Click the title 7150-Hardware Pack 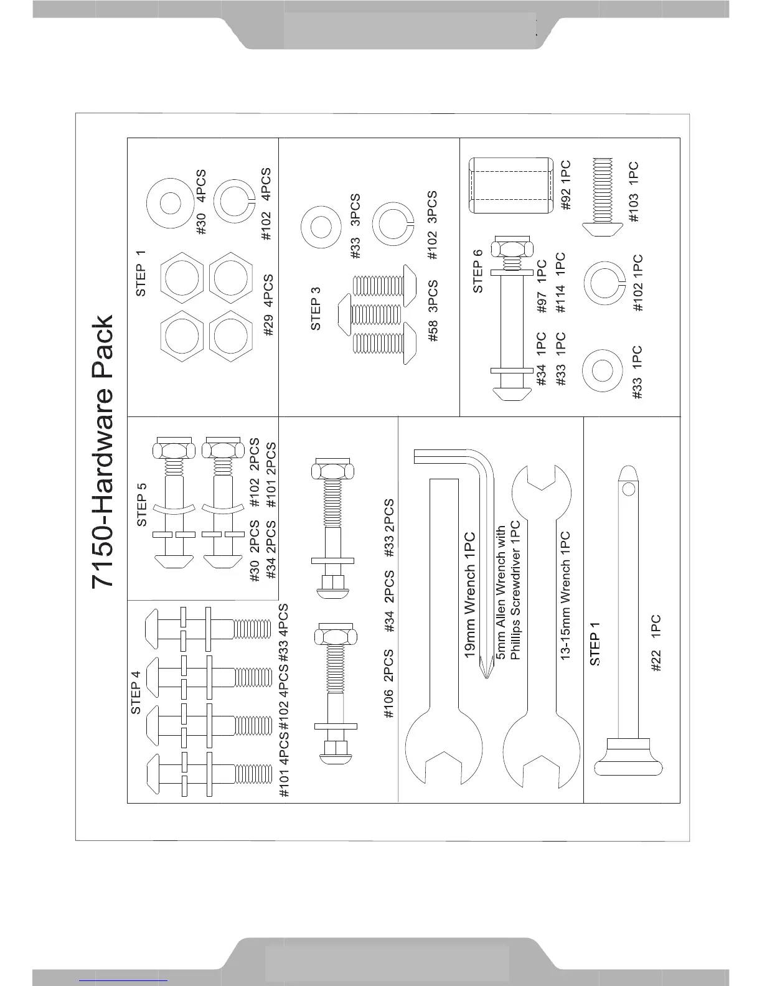click(103, 451)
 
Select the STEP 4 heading click(136, 690)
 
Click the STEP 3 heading click(316, 308)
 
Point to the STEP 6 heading click(478, 271)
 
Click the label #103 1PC click(633, 192)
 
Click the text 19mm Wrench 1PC click(471, 595)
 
